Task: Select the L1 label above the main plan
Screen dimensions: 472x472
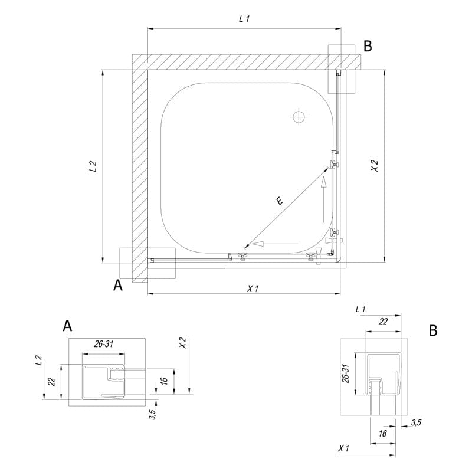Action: tap(244, 19)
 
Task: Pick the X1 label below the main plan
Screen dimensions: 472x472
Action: tap(253, 289)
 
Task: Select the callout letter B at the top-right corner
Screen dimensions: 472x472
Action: tap(368, 47)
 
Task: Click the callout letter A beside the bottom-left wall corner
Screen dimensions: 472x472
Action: tap(118, 286)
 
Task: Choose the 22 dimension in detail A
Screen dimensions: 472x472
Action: tap(51, 382)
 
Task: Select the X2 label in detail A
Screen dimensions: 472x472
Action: tap(183, 343)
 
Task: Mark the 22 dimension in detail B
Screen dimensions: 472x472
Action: tap(382, 322)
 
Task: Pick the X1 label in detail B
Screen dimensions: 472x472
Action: tap(344, 449)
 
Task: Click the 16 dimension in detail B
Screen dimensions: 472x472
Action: tap(382, 434)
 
